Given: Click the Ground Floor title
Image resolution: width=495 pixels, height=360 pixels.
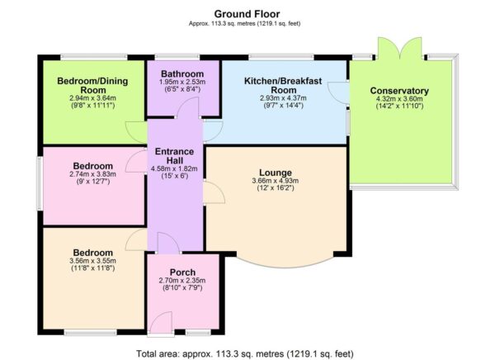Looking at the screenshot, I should coord(247,14).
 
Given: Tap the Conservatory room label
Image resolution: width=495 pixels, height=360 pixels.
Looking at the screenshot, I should coord(399,91).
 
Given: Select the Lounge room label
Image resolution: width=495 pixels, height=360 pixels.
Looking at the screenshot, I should coord(270,173).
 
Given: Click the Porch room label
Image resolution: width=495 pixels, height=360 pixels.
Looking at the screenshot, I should coord(181,272).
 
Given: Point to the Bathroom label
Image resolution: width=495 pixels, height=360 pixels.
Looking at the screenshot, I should coord(182,73).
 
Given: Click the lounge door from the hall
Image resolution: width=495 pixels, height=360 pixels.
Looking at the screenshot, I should coord(213,192).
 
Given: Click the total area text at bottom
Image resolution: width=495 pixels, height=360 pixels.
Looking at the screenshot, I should coord(247,353).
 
